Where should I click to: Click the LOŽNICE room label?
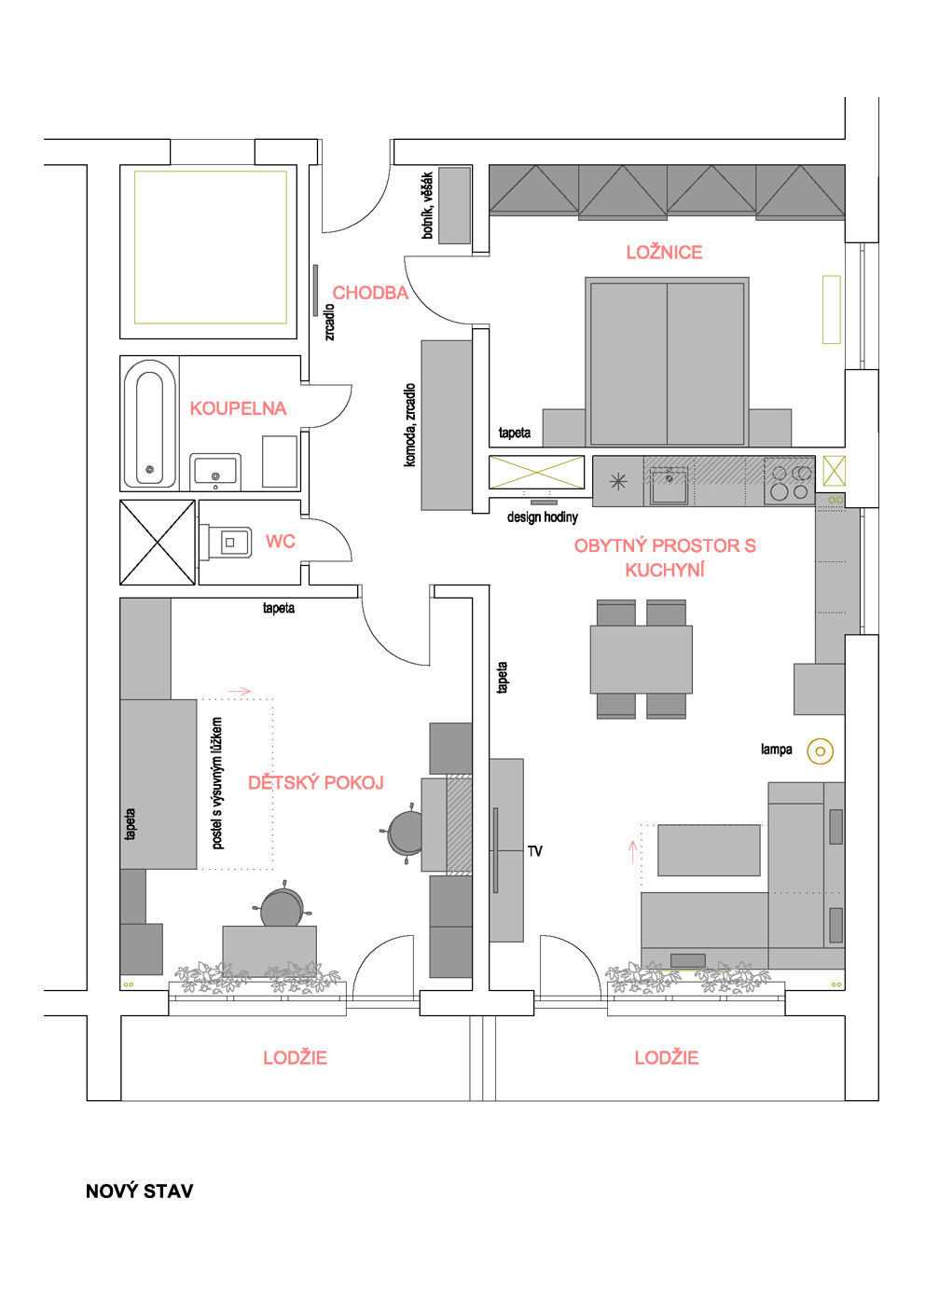pyautogui.click(x=664, y=253)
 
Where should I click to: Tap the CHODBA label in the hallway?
pyautogui.click(x=370, y=293)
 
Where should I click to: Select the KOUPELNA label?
pyautogui.click(x=239, y=408)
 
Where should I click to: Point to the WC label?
pyautogui.click(x=281, y=542)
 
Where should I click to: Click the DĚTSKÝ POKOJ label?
pyautogui.click(x=316, y=782)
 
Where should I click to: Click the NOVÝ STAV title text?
pyautogui.click(x=140, y=1191)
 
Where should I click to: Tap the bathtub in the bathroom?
pyautogui.click(x=150, y=424)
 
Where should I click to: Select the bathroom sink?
pyautogui.click(x=214, y=472)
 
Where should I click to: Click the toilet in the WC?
pyautogui.click(x=226, y=543)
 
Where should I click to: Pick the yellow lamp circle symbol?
pyautogui.click(x=820, y=750)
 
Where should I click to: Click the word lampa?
pyautogui.click(x=776, y=750)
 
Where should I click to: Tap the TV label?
pyautogui.click(x=535, y=851)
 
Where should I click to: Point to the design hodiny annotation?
pyautogui.click(x=543, y=516)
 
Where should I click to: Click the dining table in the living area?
pyautogui.click(x=642, y=659)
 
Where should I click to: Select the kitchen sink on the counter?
pyautogui.click(x=669, y=484)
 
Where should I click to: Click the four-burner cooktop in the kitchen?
pyautogui.click(x=790, y=482)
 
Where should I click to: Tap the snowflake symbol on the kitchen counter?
pyautogui.click(x=618, y=482)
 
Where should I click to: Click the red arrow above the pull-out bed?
pyautogui.click(x=239, y=692)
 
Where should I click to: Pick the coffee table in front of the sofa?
pyautogui.click(x=709, y=850)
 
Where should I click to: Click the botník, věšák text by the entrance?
pyautogui.click(x=427, y=205)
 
